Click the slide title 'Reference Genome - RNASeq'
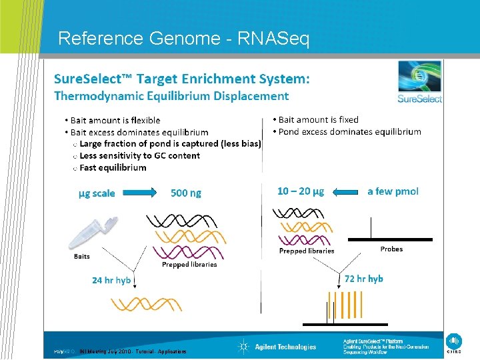183,39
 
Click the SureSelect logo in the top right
419,82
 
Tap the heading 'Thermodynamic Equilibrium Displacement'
171,95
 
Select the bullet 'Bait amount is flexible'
115,120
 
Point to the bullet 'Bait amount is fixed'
319,119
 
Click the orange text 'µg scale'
97,193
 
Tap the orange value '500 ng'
186,193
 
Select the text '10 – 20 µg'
301,191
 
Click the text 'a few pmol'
393,191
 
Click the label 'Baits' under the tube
81,257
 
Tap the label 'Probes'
391,249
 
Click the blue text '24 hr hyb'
111,280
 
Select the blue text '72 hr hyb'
364,279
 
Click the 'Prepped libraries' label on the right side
307,251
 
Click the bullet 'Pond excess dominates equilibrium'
349,131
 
